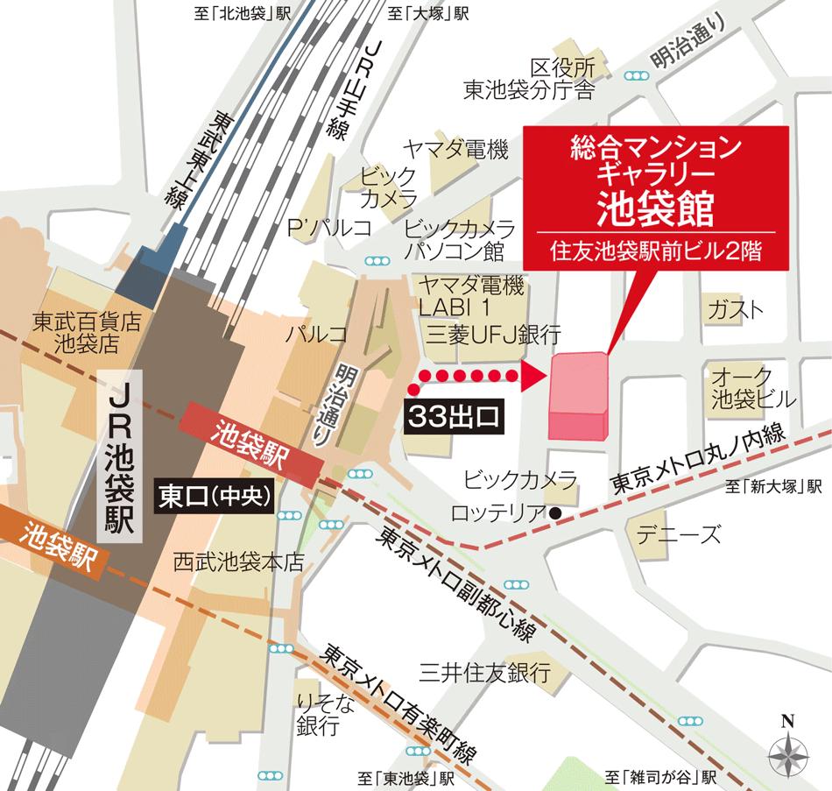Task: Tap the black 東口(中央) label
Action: coord(215,494)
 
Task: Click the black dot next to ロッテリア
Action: coord(554,512)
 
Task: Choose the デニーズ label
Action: coord(679,533)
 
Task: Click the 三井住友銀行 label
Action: coord(483,673)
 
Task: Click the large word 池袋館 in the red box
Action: coord(655,207)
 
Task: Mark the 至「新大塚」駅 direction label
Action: coord(774,487)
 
